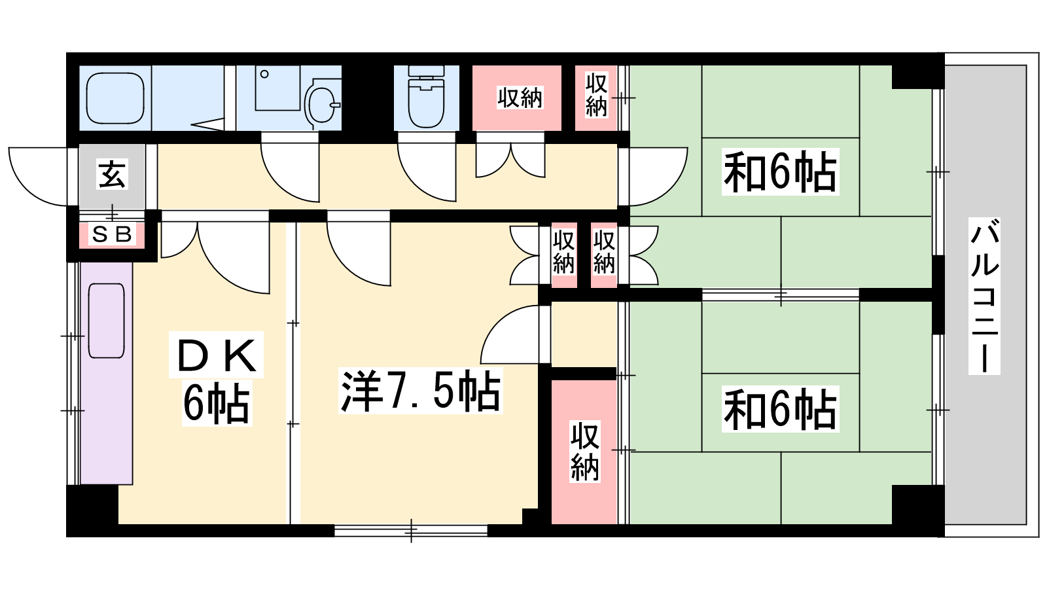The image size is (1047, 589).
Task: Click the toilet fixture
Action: tap(426, 98)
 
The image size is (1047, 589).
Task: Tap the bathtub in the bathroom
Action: tap(115, 98)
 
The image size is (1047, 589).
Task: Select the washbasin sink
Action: tap(323, 104)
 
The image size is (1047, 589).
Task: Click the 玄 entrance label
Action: tap(112, 174)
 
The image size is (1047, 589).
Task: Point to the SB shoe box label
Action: tap(112, 234)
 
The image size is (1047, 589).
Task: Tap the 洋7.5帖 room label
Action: tap(420, 391)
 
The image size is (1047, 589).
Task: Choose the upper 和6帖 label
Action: tap(780, 172)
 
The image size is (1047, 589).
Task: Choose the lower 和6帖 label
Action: tap(780, 409)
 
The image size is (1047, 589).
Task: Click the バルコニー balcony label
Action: tap(984, 296)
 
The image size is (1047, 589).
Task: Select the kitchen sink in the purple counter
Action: tap(107, 321)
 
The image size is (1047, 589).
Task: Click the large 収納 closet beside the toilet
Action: tap(516, 98)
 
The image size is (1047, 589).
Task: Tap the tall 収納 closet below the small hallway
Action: tap(584, 452)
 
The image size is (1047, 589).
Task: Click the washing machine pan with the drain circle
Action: tap(277, 88)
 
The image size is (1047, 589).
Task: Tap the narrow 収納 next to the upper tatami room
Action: tap(596, 98)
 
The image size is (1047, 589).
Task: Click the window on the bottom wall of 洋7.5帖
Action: tap(411, 531)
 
